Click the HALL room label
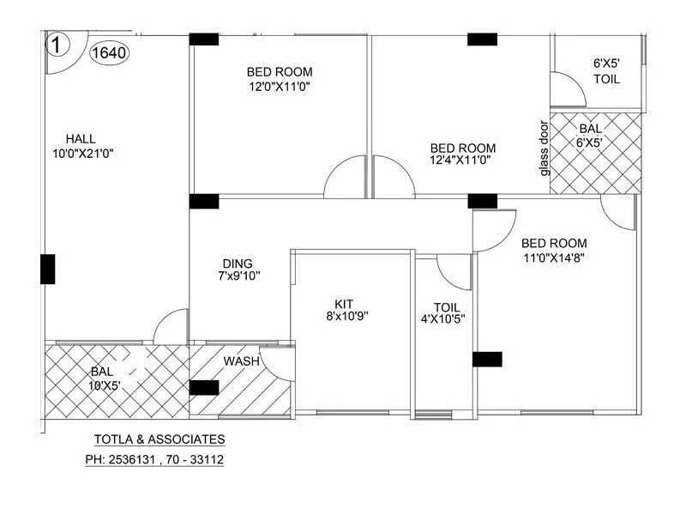[x=81, y=138]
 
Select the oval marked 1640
[x=109, y=52]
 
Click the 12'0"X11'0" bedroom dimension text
[x=280, y=87]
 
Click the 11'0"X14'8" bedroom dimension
[x=554, y=257]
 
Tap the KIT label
[x=344, y=303]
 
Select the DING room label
[x=238, y=264]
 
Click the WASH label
[x=241, y=361]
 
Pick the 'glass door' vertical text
[x=544, y=148]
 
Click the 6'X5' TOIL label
[x=607, y=70]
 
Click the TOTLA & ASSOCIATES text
[x=159, y=439]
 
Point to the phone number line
[x=154, y=459]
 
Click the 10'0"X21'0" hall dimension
[x=83, y=153]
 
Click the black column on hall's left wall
[x=48, y=269]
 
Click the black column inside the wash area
[x=203, y=387]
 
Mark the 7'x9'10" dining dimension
[x=239, y=276]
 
